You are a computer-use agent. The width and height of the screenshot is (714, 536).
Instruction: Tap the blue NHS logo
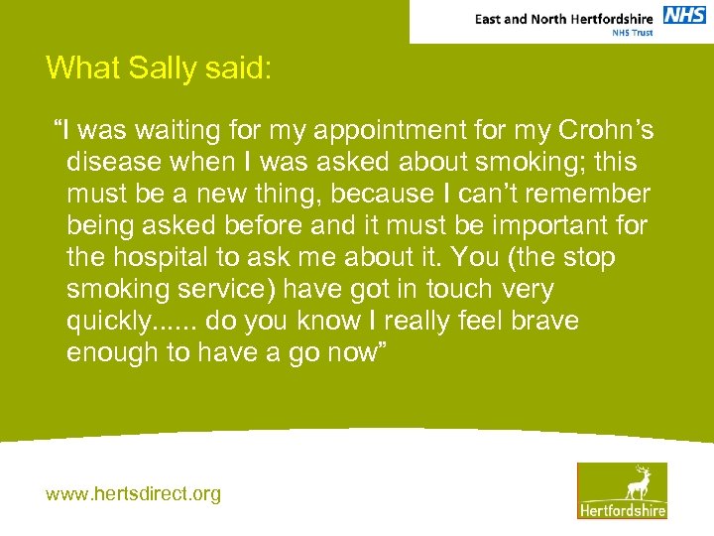[683, 16]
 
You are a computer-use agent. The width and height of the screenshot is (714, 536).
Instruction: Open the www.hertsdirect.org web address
[134, 493]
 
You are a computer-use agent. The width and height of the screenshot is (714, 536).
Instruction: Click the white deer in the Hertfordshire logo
[638, 481]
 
